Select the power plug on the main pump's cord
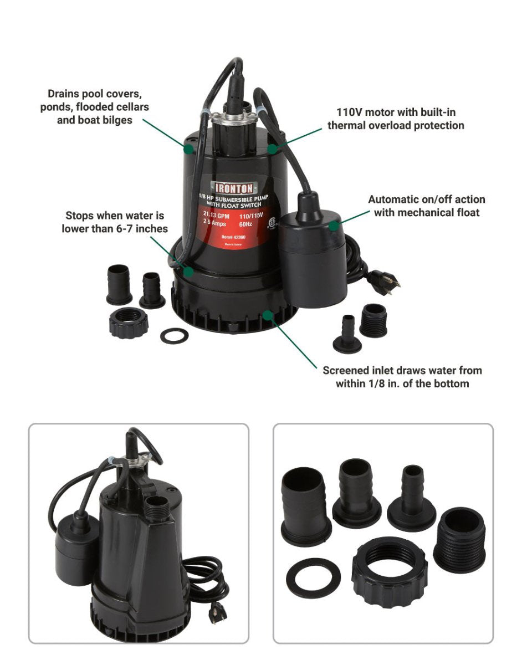[x=388, y=280]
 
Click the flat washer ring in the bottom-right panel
[x=313, y=578]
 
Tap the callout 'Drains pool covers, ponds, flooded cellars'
[x=95, y=106]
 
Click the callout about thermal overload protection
[x=396, y=119]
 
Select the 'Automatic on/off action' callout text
[x=426, y=205]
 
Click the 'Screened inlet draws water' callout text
[x=402, y=376]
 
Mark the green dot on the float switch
[x=334, y=224]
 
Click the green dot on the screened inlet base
[x=268, y=315]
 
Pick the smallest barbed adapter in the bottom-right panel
[x=411, y=499]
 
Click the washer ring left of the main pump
[x=174, y=335]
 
